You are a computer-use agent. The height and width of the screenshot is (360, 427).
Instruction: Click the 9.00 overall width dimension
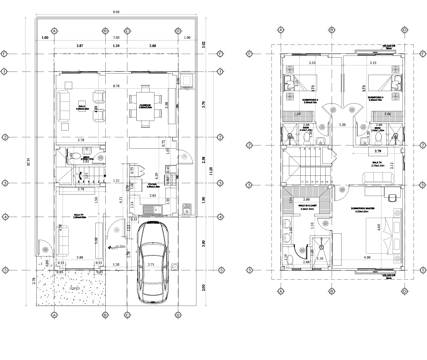click(116, 12)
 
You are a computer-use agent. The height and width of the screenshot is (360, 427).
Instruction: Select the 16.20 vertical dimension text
click(28, 162)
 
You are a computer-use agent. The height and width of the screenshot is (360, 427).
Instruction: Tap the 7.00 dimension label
click(116, 38)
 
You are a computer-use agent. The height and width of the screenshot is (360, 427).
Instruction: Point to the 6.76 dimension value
click(116, 86)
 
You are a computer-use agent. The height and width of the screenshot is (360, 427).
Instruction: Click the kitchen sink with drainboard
click(152, 210)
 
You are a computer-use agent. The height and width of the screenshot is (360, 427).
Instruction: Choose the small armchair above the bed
click(392, 198)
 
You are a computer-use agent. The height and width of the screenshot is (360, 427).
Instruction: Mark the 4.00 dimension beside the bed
click(367, 258)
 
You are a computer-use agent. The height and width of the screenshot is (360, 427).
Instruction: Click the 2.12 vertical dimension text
click(392, 166)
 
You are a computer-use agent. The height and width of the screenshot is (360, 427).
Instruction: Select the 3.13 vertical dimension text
click(297, 83)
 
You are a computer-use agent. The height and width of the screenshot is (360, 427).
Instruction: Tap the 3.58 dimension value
click(167, 105)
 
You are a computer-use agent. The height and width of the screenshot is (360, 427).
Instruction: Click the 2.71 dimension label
click(151, 265)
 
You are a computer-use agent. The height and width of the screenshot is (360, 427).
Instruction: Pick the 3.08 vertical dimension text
click(96, 241)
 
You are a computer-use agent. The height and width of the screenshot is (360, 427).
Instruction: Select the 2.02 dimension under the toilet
click(86, 162)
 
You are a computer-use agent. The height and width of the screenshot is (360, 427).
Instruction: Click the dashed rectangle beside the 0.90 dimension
click(187, 81)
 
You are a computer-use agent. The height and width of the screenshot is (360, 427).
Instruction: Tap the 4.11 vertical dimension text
click(121, 200)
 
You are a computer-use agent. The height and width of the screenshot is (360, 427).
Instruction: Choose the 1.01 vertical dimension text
click(86, 175)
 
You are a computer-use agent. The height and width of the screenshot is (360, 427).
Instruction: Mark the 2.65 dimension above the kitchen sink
click(152, 196)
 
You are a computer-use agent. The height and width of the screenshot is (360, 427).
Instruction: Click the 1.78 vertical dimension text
click(129, 254)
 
